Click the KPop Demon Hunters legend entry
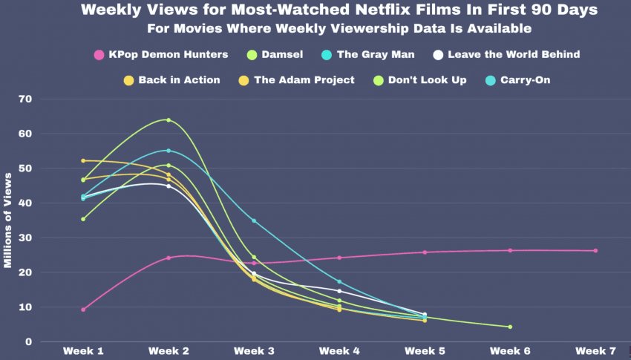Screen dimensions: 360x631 (x=160, y=54)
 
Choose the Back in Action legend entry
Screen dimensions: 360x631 (x=172, y=79)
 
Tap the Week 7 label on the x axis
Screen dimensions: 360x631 (x=595, y=350)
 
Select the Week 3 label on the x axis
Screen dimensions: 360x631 (x=254, y=350)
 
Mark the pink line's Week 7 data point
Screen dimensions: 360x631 (x=595, y=250)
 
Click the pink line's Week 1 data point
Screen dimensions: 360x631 (x=83, y=310)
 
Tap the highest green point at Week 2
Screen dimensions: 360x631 (x=169, y=120)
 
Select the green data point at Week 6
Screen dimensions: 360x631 (x=510, y=327)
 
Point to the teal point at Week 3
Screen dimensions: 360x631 (x=254, y=220)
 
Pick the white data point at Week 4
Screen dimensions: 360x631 (x=339, y=291)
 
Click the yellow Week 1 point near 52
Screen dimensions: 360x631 (x=83, y=160)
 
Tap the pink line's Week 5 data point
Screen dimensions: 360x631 (x=425, y=252)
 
